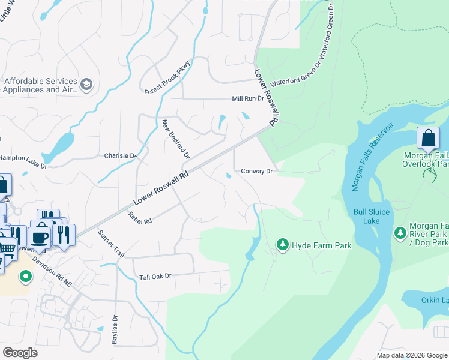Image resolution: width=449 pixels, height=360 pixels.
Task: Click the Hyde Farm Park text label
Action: tap(321, 245)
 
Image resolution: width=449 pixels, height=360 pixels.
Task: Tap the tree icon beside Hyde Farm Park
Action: tap(282, 245)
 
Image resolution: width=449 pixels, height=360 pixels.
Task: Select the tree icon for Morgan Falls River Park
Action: tap(400, 232)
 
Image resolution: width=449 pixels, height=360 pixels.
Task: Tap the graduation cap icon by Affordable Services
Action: tap(86, 85)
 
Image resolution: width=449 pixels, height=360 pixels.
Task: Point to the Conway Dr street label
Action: tap(257, 171)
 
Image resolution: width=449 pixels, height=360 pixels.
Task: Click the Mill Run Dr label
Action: tap(248, 98)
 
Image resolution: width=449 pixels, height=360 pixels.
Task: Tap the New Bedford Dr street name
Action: tap(176, 139)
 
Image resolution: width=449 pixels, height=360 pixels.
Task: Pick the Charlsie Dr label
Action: tap(121, 155)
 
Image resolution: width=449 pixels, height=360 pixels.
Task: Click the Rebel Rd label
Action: tap(140, 216)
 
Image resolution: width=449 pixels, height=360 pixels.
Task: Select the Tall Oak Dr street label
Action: tap(155, 277)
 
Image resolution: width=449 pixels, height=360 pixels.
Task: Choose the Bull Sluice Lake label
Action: tap(372, 216)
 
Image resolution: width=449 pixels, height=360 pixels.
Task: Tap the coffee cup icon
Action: tap(40, 236)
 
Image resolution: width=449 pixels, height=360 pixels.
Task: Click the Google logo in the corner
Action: tap(20, 353)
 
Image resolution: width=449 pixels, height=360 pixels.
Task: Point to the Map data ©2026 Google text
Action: tap(411, 355)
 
